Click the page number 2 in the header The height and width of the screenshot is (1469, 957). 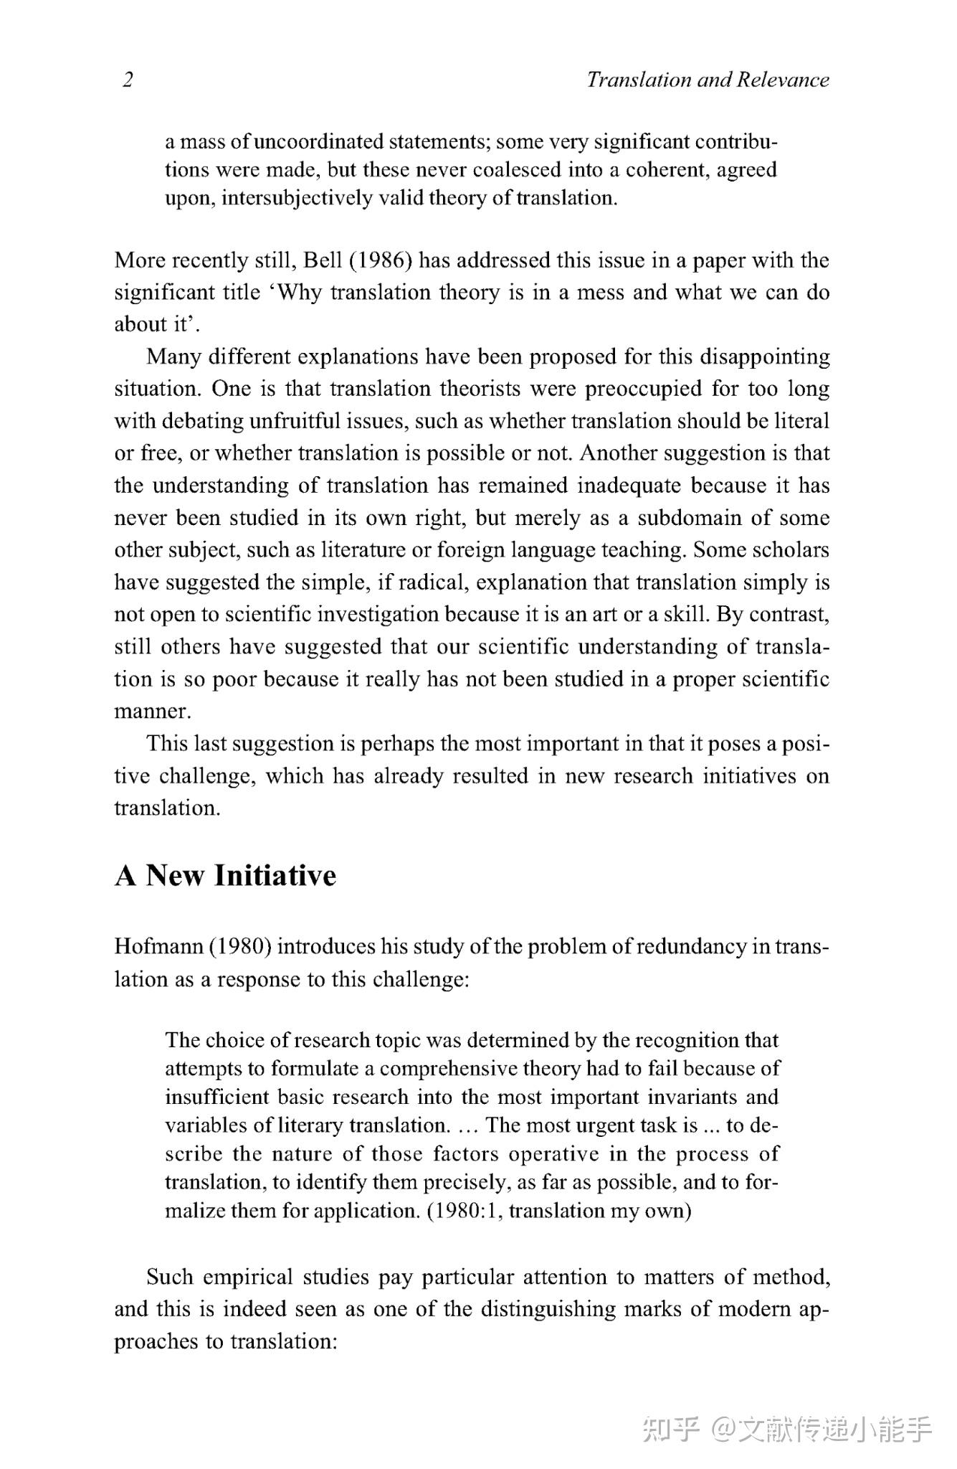pyautogui.click(x=128, y=80)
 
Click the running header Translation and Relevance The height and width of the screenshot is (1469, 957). pyautogui.click(x=708, y=80)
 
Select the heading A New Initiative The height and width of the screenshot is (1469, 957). pyautogui.click(x=225, y=876)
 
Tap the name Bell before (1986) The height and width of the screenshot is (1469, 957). pyautogui.click(x=323, y=260)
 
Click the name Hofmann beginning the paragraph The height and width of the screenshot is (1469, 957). pyautogui.click(x=158, y=947)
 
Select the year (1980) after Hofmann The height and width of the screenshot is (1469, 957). pyautogui.click(x=240, y=947)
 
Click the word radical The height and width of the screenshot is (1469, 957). pyautogui.click(x=429, y=582)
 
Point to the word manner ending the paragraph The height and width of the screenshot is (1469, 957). pyautogui.click(x=152, y=712)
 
